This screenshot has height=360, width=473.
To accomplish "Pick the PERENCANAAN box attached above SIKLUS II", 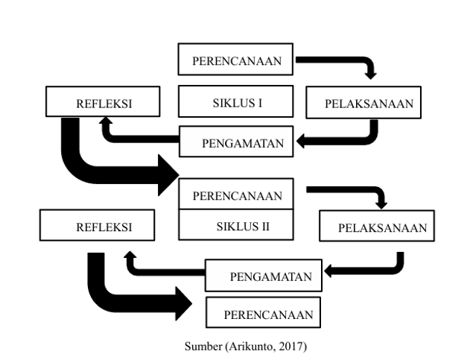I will click(236, 195).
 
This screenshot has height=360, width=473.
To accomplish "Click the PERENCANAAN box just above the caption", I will click(264, 313).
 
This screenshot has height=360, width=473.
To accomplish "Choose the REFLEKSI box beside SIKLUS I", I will click(104, 104).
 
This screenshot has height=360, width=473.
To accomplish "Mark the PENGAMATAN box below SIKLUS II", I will click(264, 277).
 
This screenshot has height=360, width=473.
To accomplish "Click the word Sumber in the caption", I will click(200, 346).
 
